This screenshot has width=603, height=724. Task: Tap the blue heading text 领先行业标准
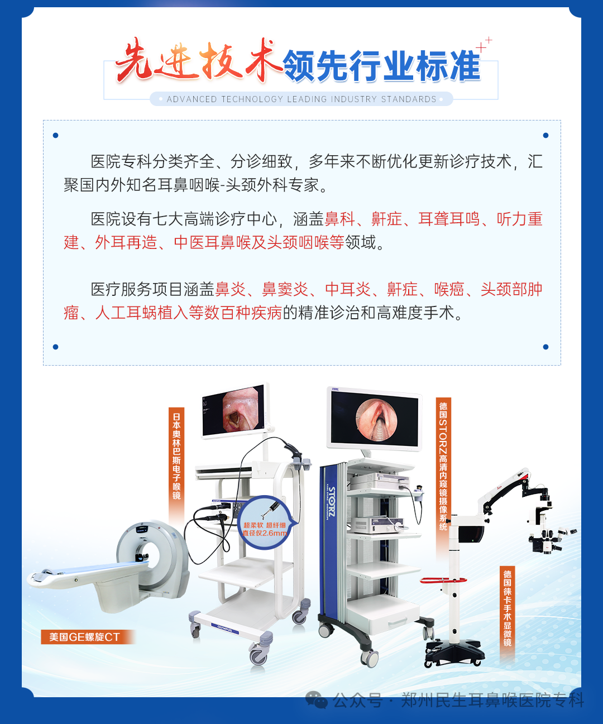(x=382, y=66)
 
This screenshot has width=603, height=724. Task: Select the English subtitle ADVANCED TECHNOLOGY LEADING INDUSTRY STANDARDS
(x=301, y=99)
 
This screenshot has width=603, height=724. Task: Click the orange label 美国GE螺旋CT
(x=84, y=637)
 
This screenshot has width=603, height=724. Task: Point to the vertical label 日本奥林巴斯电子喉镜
(x=176, y=456)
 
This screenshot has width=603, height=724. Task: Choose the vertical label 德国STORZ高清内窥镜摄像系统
(x=443, y=466)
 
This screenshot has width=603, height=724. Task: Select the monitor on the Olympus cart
(x=234, y=411)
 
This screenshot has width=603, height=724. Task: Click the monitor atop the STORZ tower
(x=375, y=419)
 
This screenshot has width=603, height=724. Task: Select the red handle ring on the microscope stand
(x=443, y=580)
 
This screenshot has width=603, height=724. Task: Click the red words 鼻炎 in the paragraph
(x=230, y=289)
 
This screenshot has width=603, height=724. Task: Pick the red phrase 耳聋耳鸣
(x=449, y=219)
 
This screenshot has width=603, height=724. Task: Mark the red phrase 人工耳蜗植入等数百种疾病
(x=189, y=313)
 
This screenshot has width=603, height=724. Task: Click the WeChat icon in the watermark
(x=316, y=700)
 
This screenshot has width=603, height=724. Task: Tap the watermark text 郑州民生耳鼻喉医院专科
(x=492, y=700)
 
